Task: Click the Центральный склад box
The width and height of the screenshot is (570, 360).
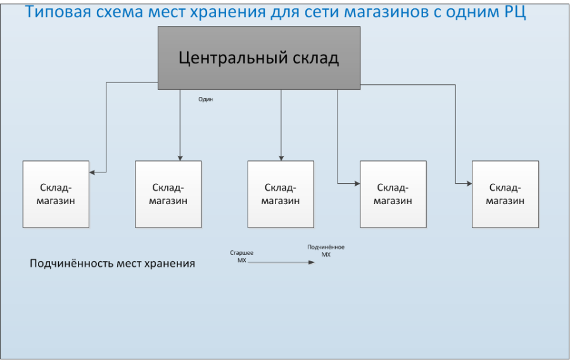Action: coord(259,58)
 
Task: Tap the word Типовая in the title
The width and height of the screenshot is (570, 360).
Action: coord(58,12)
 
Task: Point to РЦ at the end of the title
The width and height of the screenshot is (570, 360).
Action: coord(515,12)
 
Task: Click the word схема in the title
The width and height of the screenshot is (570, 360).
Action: coord(118,12)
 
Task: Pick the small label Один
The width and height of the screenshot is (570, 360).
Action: coord(205,100)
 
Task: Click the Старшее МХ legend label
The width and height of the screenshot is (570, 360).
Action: coord(241,256)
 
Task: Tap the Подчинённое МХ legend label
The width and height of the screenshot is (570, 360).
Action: coord(326,251)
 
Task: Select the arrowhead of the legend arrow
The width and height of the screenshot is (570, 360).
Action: coord(312,262)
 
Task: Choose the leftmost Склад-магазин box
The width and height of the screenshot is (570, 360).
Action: coord(56,194)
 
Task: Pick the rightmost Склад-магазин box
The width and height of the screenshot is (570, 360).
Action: coord(505,194)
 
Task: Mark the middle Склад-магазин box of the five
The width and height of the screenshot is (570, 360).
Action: coord(281,194)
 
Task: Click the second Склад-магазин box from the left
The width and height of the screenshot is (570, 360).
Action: coord(168,194)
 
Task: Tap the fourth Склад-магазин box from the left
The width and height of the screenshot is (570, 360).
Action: coord(393,194)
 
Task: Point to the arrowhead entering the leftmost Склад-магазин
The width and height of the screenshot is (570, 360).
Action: coord(92,172)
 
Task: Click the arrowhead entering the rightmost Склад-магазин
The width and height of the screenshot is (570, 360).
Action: coord(469,184)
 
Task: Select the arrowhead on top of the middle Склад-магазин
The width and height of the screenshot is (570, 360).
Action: coord(281,158)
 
